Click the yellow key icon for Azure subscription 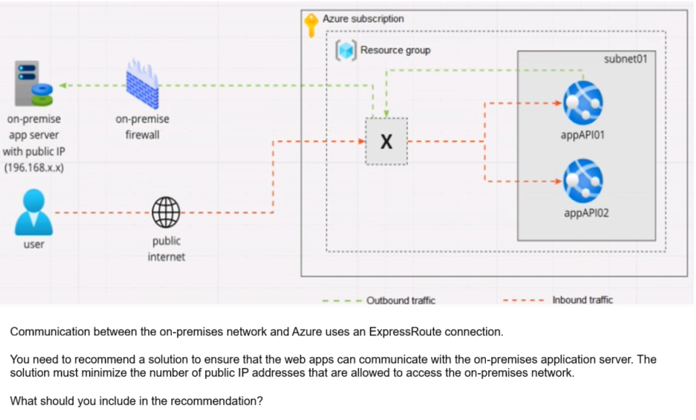coord(311,25)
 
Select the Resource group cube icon coord(347,50)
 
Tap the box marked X coord(386,142)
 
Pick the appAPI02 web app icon coord(583,181)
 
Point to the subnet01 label coord(625,59)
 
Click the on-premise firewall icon coord(142,84)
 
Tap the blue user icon coord(33,212)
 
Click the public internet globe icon coord(166,212)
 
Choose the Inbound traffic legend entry coord(582,300)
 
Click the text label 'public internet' coord(166,249)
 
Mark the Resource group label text coord(395,50)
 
